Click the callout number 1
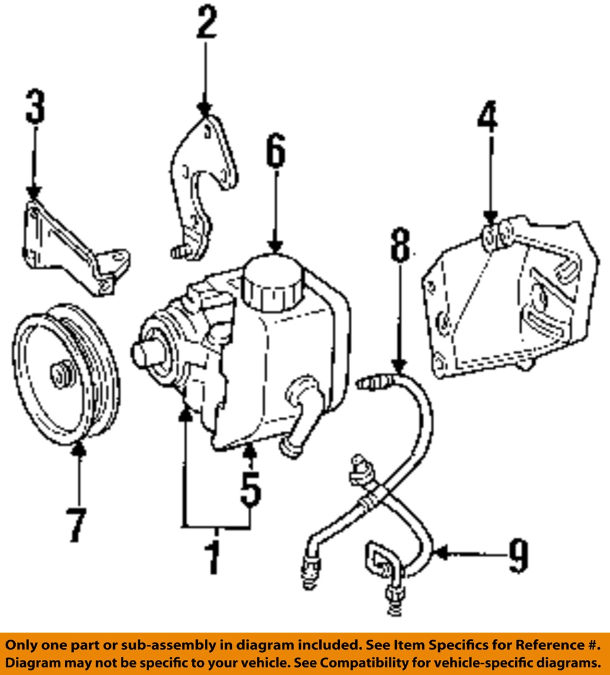tap(214, 555)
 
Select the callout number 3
tap(35, 107)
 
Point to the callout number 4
tap(487, 117)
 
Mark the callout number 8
tap(400, 245)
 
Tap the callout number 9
tap(518, 555)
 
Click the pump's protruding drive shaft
tap(144, 353)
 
